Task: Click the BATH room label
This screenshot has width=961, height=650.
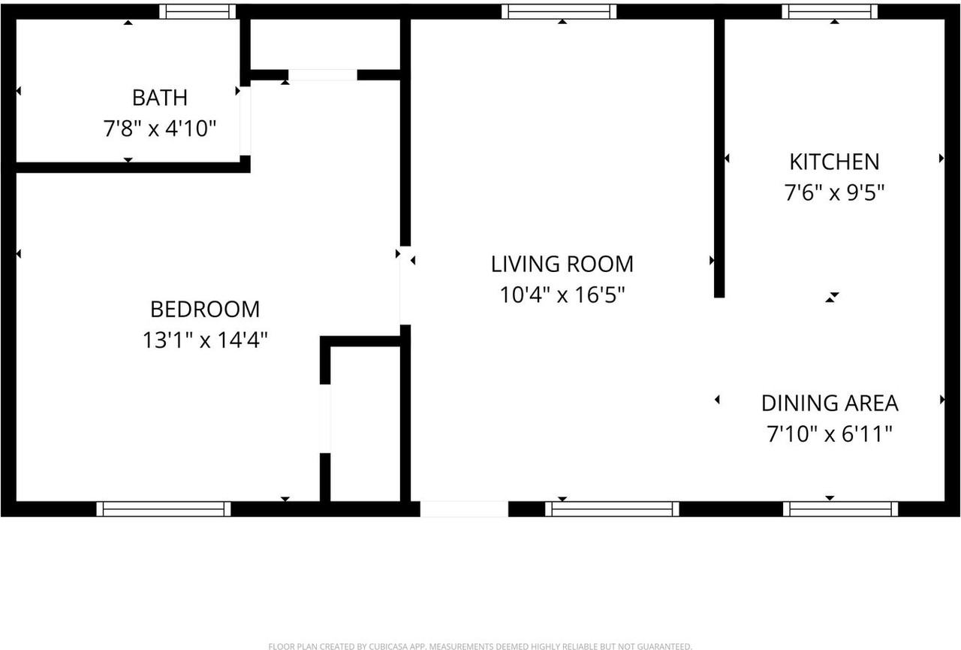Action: point(159,98)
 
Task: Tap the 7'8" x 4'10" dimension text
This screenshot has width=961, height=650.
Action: point(159,129)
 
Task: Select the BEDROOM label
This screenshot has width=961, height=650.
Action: point(205,309)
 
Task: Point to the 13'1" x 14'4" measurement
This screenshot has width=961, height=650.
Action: point(205,340)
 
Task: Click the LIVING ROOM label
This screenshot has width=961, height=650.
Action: point(562,264)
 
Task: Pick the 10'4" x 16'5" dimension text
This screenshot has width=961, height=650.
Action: point(562,295)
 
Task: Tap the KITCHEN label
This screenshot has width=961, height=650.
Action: point(833,162)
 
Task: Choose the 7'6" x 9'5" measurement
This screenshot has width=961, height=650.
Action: point(833,193)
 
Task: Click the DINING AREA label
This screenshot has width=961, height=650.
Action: point(830,403)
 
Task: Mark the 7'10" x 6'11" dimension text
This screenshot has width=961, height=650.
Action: point(830,434)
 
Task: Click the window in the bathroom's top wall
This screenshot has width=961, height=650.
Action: point(197,11)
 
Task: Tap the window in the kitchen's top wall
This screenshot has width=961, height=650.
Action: point(830,11)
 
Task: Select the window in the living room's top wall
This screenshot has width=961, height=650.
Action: point(559,11)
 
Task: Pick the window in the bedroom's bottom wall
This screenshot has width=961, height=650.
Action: point(164,509)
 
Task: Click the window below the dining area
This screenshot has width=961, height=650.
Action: point(840,509)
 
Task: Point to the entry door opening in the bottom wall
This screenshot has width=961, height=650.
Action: point(463,509)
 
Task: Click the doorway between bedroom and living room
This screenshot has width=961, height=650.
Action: point(405,286)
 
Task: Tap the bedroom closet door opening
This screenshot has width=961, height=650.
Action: point(325,419)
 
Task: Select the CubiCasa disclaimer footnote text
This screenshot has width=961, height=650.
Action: point(480,646)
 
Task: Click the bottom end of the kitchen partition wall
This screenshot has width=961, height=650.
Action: point(718,292)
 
